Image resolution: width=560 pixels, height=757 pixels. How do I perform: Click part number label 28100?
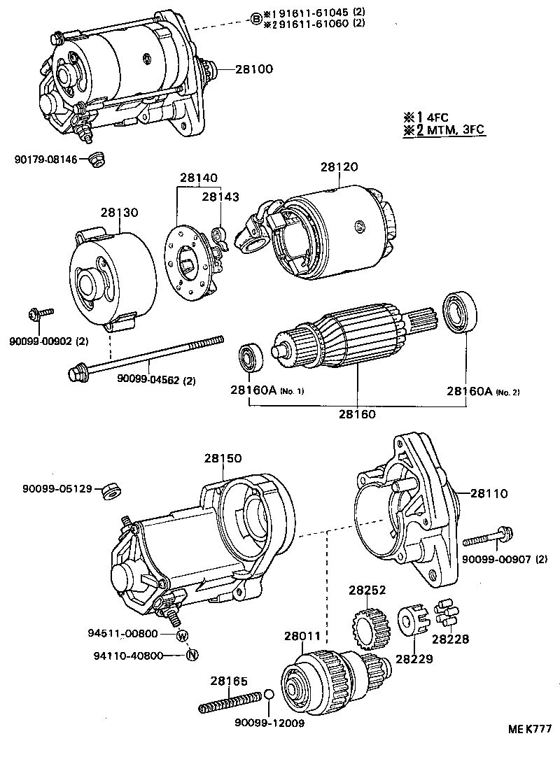(x=253, y=69)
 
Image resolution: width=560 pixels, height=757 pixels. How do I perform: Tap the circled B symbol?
(x=256, y=19)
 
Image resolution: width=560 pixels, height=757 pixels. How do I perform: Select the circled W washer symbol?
(x=182, y=635)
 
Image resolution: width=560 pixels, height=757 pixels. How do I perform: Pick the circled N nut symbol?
(x=191, y=656)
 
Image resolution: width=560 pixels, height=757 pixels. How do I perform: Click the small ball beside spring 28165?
(x=268, y=695)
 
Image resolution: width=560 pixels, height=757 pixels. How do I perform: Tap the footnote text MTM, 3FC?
(x=454, y=130)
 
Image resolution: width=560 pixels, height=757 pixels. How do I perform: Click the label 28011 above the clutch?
(x=302, y=637)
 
